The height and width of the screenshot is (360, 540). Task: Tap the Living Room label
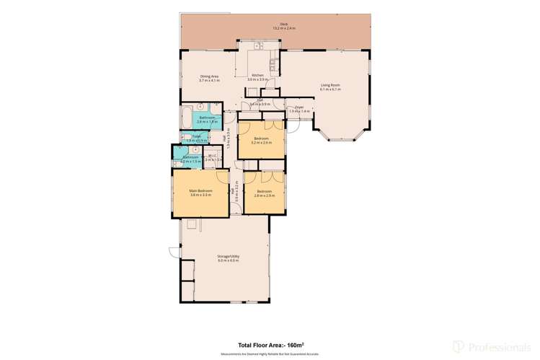330,85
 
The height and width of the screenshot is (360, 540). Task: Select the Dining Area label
209,76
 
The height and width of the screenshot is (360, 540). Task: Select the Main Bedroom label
200,190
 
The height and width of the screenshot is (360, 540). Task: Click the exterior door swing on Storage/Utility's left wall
173,253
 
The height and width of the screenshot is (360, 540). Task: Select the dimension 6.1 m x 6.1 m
330,89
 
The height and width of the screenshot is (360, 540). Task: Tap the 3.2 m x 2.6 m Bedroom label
261,139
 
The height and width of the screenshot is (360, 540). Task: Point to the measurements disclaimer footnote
270,354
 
